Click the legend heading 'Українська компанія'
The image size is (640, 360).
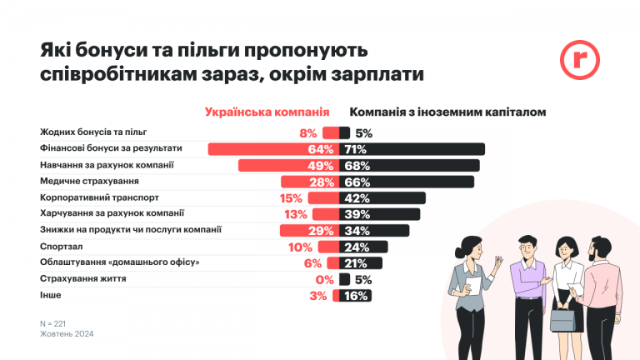point(267,112)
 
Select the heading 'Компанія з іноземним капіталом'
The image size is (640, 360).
point(447,112)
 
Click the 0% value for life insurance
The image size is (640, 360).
point(324,279)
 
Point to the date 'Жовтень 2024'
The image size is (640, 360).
point(67,333)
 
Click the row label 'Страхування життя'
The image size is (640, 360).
point(83,278)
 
